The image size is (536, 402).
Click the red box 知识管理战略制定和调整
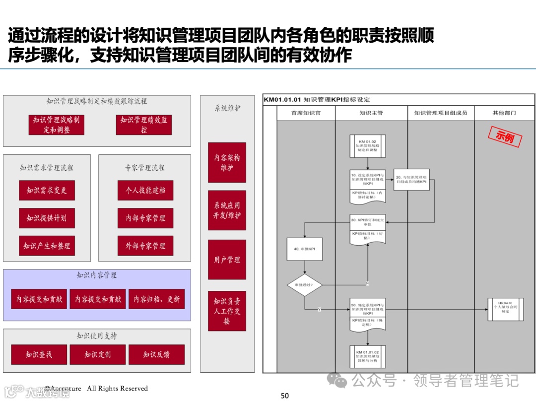click(56, 125)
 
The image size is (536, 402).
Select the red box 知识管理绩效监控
click(144, 125)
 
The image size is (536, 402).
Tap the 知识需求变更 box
click(47, 191)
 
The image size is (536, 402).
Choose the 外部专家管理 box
click(145, 246)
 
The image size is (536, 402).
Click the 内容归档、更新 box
click(157, 299)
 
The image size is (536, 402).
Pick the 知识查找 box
click(39, 354)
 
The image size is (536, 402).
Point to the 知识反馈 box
click(156, 354)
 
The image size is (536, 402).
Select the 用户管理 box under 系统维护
click(227, 260)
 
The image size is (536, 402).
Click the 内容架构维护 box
click(227, 163)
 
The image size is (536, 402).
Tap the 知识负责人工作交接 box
click(227, 311)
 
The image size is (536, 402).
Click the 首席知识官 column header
click(306, 113)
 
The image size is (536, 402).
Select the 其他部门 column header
click(504, 113)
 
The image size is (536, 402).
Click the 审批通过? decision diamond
click(305, 285)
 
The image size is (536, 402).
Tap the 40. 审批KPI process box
click(305, 249)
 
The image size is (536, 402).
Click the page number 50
click(284, 396)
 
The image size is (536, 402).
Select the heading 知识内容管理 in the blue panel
click(97, 275)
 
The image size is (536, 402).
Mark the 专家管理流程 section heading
click(144, 168)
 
